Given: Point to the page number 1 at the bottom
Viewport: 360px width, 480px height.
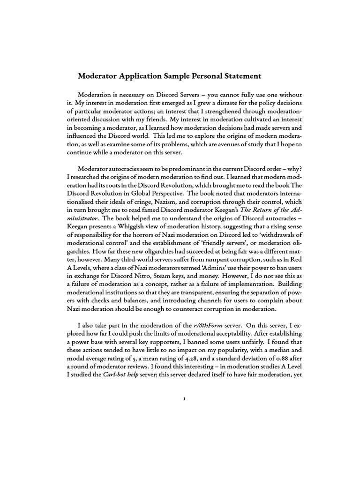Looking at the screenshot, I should click(x=184, y=412).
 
